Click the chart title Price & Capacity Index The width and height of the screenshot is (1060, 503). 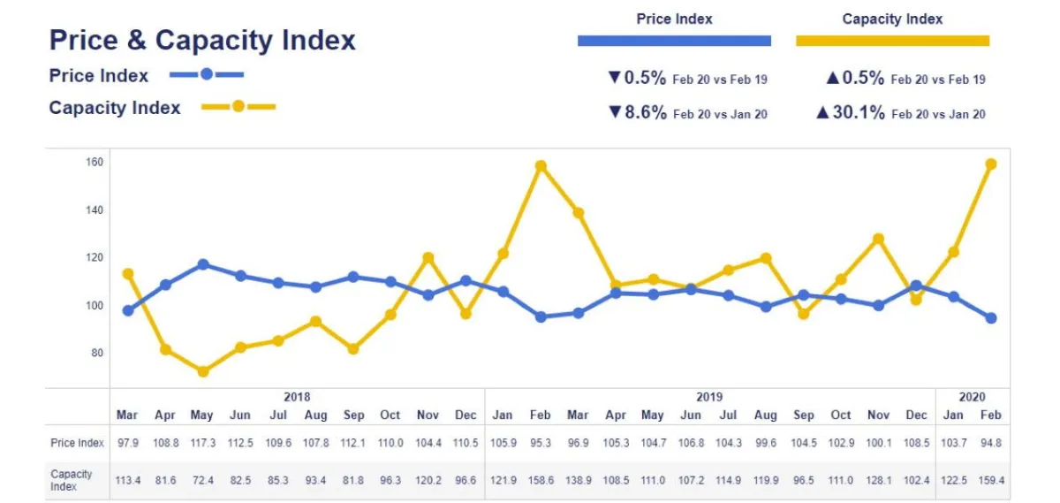coord(202,40)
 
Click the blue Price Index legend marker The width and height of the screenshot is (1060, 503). coord(207,74)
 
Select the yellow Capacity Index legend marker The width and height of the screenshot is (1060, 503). coord(238,107)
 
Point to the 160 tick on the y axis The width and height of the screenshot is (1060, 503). coord(95,162)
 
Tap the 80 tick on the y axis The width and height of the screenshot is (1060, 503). coord(97,353)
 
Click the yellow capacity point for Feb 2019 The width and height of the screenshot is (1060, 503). coord(541,165)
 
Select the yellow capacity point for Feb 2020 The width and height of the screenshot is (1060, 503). coord(991,164)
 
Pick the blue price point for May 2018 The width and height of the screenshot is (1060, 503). coord(203,264)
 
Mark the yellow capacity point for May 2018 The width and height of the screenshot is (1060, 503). coord(203,371)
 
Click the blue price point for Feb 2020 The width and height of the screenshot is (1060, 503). coord(991,318)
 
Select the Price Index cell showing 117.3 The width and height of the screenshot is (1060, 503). coord(202,442)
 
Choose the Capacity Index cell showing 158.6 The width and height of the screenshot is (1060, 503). coord(540,480)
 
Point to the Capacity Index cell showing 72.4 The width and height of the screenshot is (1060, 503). coord(202,480)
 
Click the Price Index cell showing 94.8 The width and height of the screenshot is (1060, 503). coord(990,442)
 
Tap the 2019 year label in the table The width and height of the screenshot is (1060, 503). coord(708,397)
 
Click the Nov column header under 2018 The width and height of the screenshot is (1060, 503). coord(428,415)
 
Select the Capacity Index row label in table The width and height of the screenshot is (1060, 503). coord(71,480)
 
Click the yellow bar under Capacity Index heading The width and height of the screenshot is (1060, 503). coord(892,41)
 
